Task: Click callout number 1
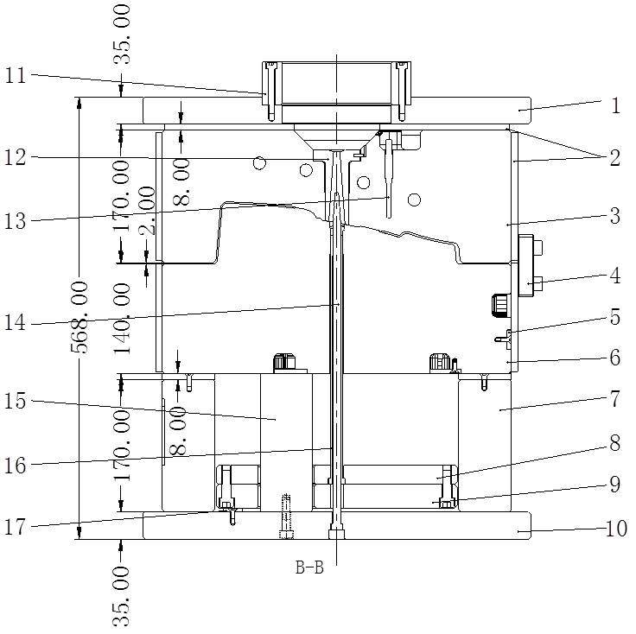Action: tap(616, 105)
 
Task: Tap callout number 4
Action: tap(615, 276)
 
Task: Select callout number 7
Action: tap(615, 399)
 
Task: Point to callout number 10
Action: tap(616, 529)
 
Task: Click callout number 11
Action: tap(16, 75)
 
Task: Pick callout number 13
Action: tap(16, 221)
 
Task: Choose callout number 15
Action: tap(16, 402)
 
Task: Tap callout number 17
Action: tap(16, 528)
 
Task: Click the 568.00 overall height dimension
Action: tap(79, 317)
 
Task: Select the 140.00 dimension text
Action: tap(122, 319)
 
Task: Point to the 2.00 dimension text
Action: tap(146, 211)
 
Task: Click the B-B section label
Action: tap(309, 567)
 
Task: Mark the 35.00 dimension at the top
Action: tap(122, 34)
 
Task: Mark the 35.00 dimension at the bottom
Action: tap(122, 598)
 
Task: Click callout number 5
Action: tap(615, 317)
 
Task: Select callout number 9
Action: tap(615, 484)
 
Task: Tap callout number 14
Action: tap(16, 323)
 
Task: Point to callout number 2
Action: tap(615, 157)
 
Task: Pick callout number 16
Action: tap(16, 466)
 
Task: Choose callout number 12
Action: tap(16, 157)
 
